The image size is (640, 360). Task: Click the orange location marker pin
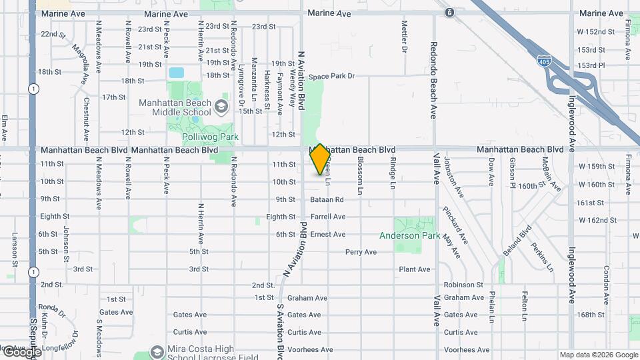(x=320, y=159)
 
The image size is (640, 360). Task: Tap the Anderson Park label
(x=409, y=235)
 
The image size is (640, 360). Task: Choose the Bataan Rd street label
(x=327, y=199)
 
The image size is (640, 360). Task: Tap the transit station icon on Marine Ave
(x=450, y=13)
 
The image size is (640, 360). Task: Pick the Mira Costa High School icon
(x=157, y=351)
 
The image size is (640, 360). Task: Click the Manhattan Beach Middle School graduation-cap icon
(x=221, y=105)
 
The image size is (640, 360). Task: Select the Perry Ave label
(x=361, y=252)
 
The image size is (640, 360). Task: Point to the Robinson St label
(x=463, y=285)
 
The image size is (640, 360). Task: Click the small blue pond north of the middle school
(x=176, y=73)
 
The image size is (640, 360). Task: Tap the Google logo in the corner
(x=21, y=351)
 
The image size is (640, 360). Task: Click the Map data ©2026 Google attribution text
(x=598, y=355)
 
